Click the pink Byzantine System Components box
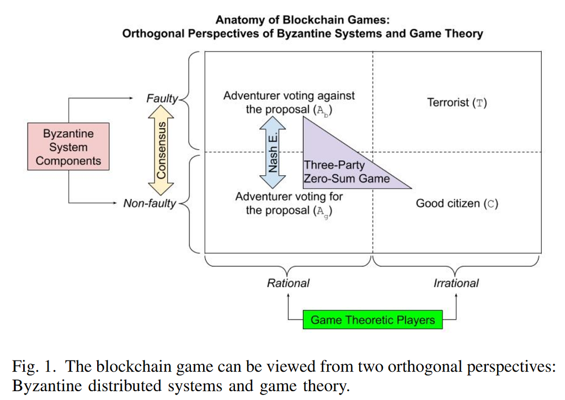point(68,147)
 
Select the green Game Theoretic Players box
point(372,320)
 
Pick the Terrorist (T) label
point(457,102)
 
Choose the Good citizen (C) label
point(457,203)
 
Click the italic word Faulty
point(162,99)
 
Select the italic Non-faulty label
point(150,203)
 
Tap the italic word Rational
point(288,283)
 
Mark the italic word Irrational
point(456,283)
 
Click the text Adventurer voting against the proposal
point(289,102)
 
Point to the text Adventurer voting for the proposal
point(289,203)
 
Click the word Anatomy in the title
point(239,20)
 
